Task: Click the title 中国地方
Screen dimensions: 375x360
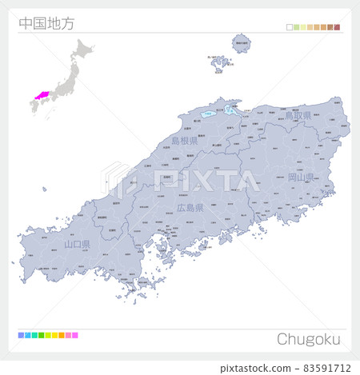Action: [x=46, y=23]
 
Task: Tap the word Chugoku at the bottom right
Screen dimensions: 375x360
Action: [x=309, y=339]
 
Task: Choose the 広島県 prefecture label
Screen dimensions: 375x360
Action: [x=190, y=208]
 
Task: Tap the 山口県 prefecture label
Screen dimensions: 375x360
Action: [x=79, y=244]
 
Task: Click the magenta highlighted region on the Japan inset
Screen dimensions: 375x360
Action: [x=40, y=95]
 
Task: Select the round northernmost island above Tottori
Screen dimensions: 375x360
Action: [x=241, y=44]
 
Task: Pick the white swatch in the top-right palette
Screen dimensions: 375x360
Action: [x=290, y=27]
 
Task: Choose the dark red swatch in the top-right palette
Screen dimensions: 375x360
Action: [x=338, y=27]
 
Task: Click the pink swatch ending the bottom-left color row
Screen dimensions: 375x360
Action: [x=75, y=335]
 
